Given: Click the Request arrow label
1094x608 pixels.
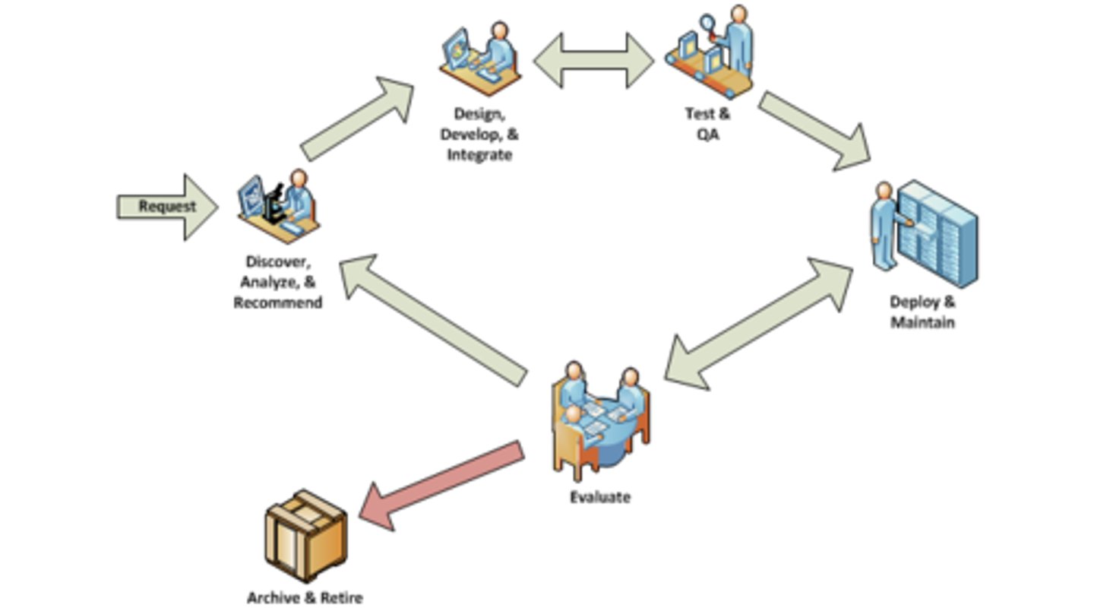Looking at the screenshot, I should (x=167, y=206).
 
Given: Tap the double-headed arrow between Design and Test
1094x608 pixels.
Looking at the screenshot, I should (x=593, y=60).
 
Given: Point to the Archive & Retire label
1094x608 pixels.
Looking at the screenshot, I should (x=305, y=597).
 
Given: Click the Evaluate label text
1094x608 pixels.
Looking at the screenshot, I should (x=600, y=498).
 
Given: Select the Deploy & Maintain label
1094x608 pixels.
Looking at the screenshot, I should (x=922, y=312).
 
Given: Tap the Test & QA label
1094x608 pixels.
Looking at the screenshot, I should (x=707, y=124).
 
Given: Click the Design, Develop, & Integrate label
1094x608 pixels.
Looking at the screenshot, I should (x=479, y=134).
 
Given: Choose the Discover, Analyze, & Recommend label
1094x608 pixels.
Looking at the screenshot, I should (x=278, y=282).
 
